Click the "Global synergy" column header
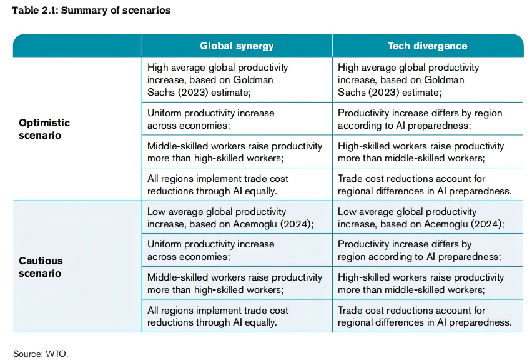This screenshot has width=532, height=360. pos(237,46)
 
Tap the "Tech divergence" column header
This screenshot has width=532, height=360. pos(427,46)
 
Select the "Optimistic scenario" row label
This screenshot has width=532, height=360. pos(44,129)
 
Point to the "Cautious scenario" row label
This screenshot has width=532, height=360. pos(41,267)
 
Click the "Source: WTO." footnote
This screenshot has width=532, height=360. pos(41,353)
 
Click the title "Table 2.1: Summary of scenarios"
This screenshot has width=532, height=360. pos(92,11)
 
